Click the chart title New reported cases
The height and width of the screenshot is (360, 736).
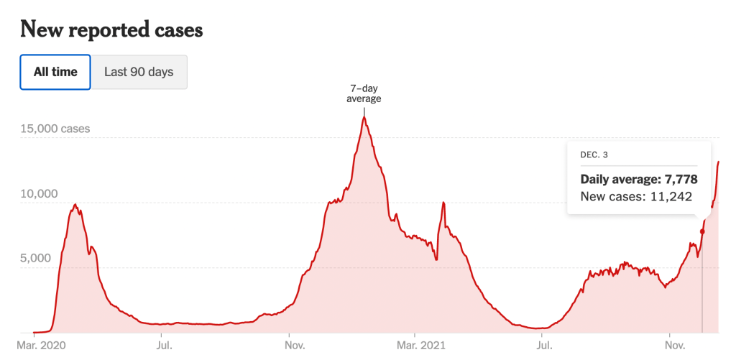(x=111, y=29)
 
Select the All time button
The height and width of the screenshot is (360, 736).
(x=55, y=72)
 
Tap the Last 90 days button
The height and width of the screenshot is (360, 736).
(x=139, y=72)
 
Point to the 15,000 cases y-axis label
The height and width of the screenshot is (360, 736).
(x=55, y=129)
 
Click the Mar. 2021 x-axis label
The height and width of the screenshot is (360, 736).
(x=421, y=346)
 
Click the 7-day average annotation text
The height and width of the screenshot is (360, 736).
(x=364, y=93)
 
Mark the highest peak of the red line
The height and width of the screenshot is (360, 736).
(x=364, y=117)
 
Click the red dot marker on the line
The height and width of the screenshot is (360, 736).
(x=702, y=231)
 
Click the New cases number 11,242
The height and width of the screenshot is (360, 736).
(x=672, y=196)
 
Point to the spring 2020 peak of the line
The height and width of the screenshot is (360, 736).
(x=75, y=205)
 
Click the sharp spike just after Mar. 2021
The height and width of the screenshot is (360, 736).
(x=443, y=203)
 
